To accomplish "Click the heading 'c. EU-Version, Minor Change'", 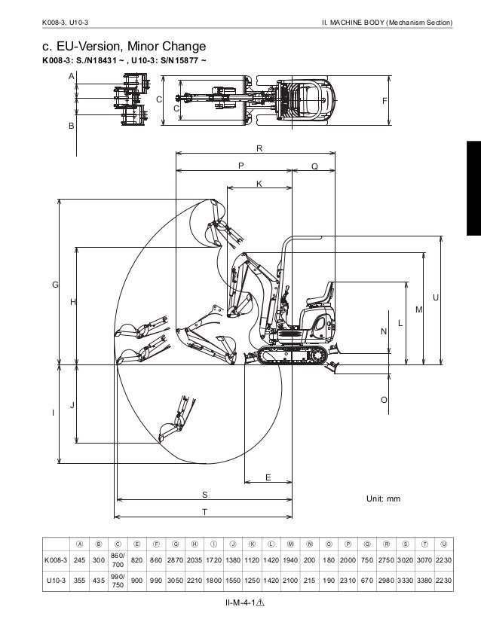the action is [124, 47].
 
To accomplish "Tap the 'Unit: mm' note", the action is [383, 499].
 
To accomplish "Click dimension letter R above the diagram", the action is [259, 148].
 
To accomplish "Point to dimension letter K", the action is [259, 184].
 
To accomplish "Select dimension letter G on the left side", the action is [55, 285].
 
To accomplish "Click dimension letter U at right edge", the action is [436, 297].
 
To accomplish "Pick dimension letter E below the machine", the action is [268, 477].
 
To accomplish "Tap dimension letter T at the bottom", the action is [204, 512].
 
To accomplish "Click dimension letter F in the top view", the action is [384, 101].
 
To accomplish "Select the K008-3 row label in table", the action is [56, 560].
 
